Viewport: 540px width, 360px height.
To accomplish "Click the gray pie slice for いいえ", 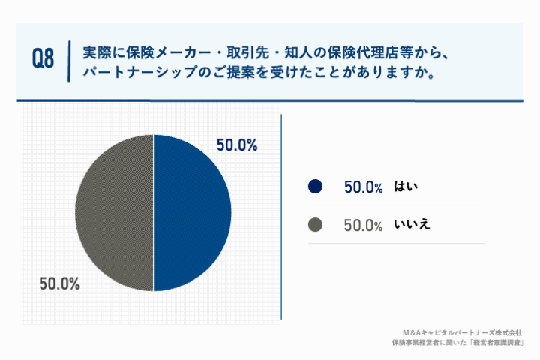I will [114, 213].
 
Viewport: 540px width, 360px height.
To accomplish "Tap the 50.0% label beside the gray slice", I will [59, 284].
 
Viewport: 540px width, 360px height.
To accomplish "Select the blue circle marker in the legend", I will [315, 187].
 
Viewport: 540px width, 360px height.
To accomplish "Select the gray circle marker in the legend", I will [315, 224].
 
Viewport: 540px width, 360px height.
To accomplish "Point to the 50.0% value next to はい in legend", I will [364, 187].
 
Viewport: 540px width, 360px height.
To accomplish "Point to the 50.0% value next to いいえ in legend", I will [364, 225].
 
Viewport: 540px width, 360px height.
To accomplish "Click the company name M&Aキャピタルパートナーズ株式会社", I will [462, 332].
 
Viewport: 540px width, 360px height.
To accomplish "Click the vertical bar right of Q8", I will [68, 60].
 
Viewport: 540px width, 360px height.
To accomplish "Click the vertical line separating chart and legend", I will [281, 217].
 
